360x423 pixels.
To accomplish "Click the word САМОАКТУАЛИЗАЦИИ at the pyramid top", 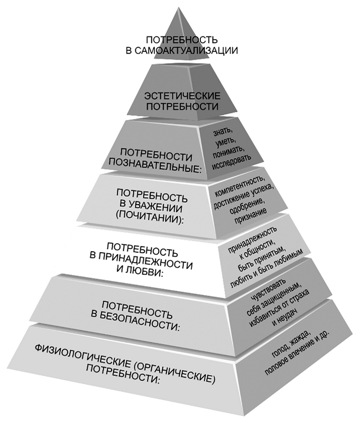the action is point(186,50).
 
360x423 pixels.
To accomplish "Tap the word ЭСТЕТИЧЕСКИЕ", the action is point(182,96).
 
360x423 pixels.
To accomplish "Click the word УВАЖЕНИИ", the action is point(155,207).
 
